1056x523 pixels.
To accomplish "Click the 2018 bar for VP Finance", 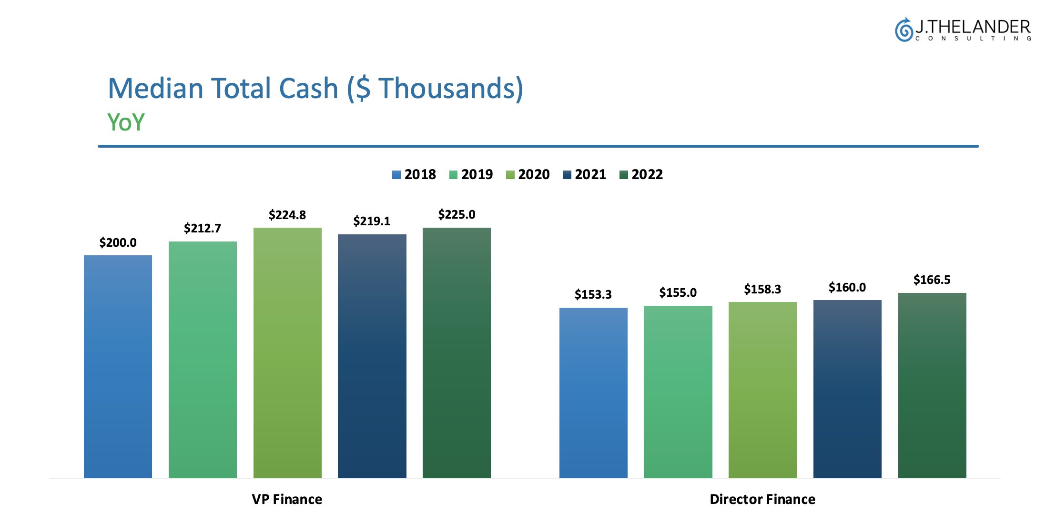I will pos(118,366).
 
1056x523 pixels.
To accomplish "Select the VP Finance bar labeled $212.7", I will pos(203,360).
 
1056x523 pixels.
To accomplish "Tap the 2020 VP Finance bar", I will pos(287,352).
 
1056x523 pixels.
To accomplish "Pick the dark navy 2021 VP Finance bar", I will pos(372,356).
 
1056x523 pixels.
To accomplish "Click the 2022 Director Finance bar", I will pos(932,385).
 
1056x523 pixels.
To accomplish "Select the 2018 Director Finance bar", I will pos(593,392).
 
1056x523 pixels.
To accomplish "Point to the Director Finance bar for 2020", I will pos(762,390).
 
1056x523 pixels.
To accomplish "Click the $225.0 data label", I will pos(457,214).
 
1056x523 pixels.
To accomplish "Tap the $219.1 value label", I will pos(372,221).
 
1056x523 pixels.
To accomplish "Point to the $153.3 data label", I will pos(593,294).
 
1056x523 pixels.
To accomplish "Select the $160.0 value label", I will pos(847,287).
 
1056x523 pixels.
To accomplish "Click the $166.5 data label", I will pos(932,280).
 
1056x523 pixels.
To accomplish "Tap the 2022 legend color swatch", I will pos(623,175).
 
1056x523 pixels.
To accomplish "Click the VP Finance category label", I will pos(287,499).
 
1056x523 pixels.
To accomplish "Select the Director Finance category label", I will pos(762,499).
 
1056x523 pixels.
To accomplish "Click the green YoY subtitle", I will pos(126,122).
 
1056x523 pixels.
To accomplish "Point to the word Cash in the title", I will pos(308,89).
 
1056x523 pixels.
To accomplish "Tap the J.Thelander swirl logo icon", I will pos(904,30).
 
